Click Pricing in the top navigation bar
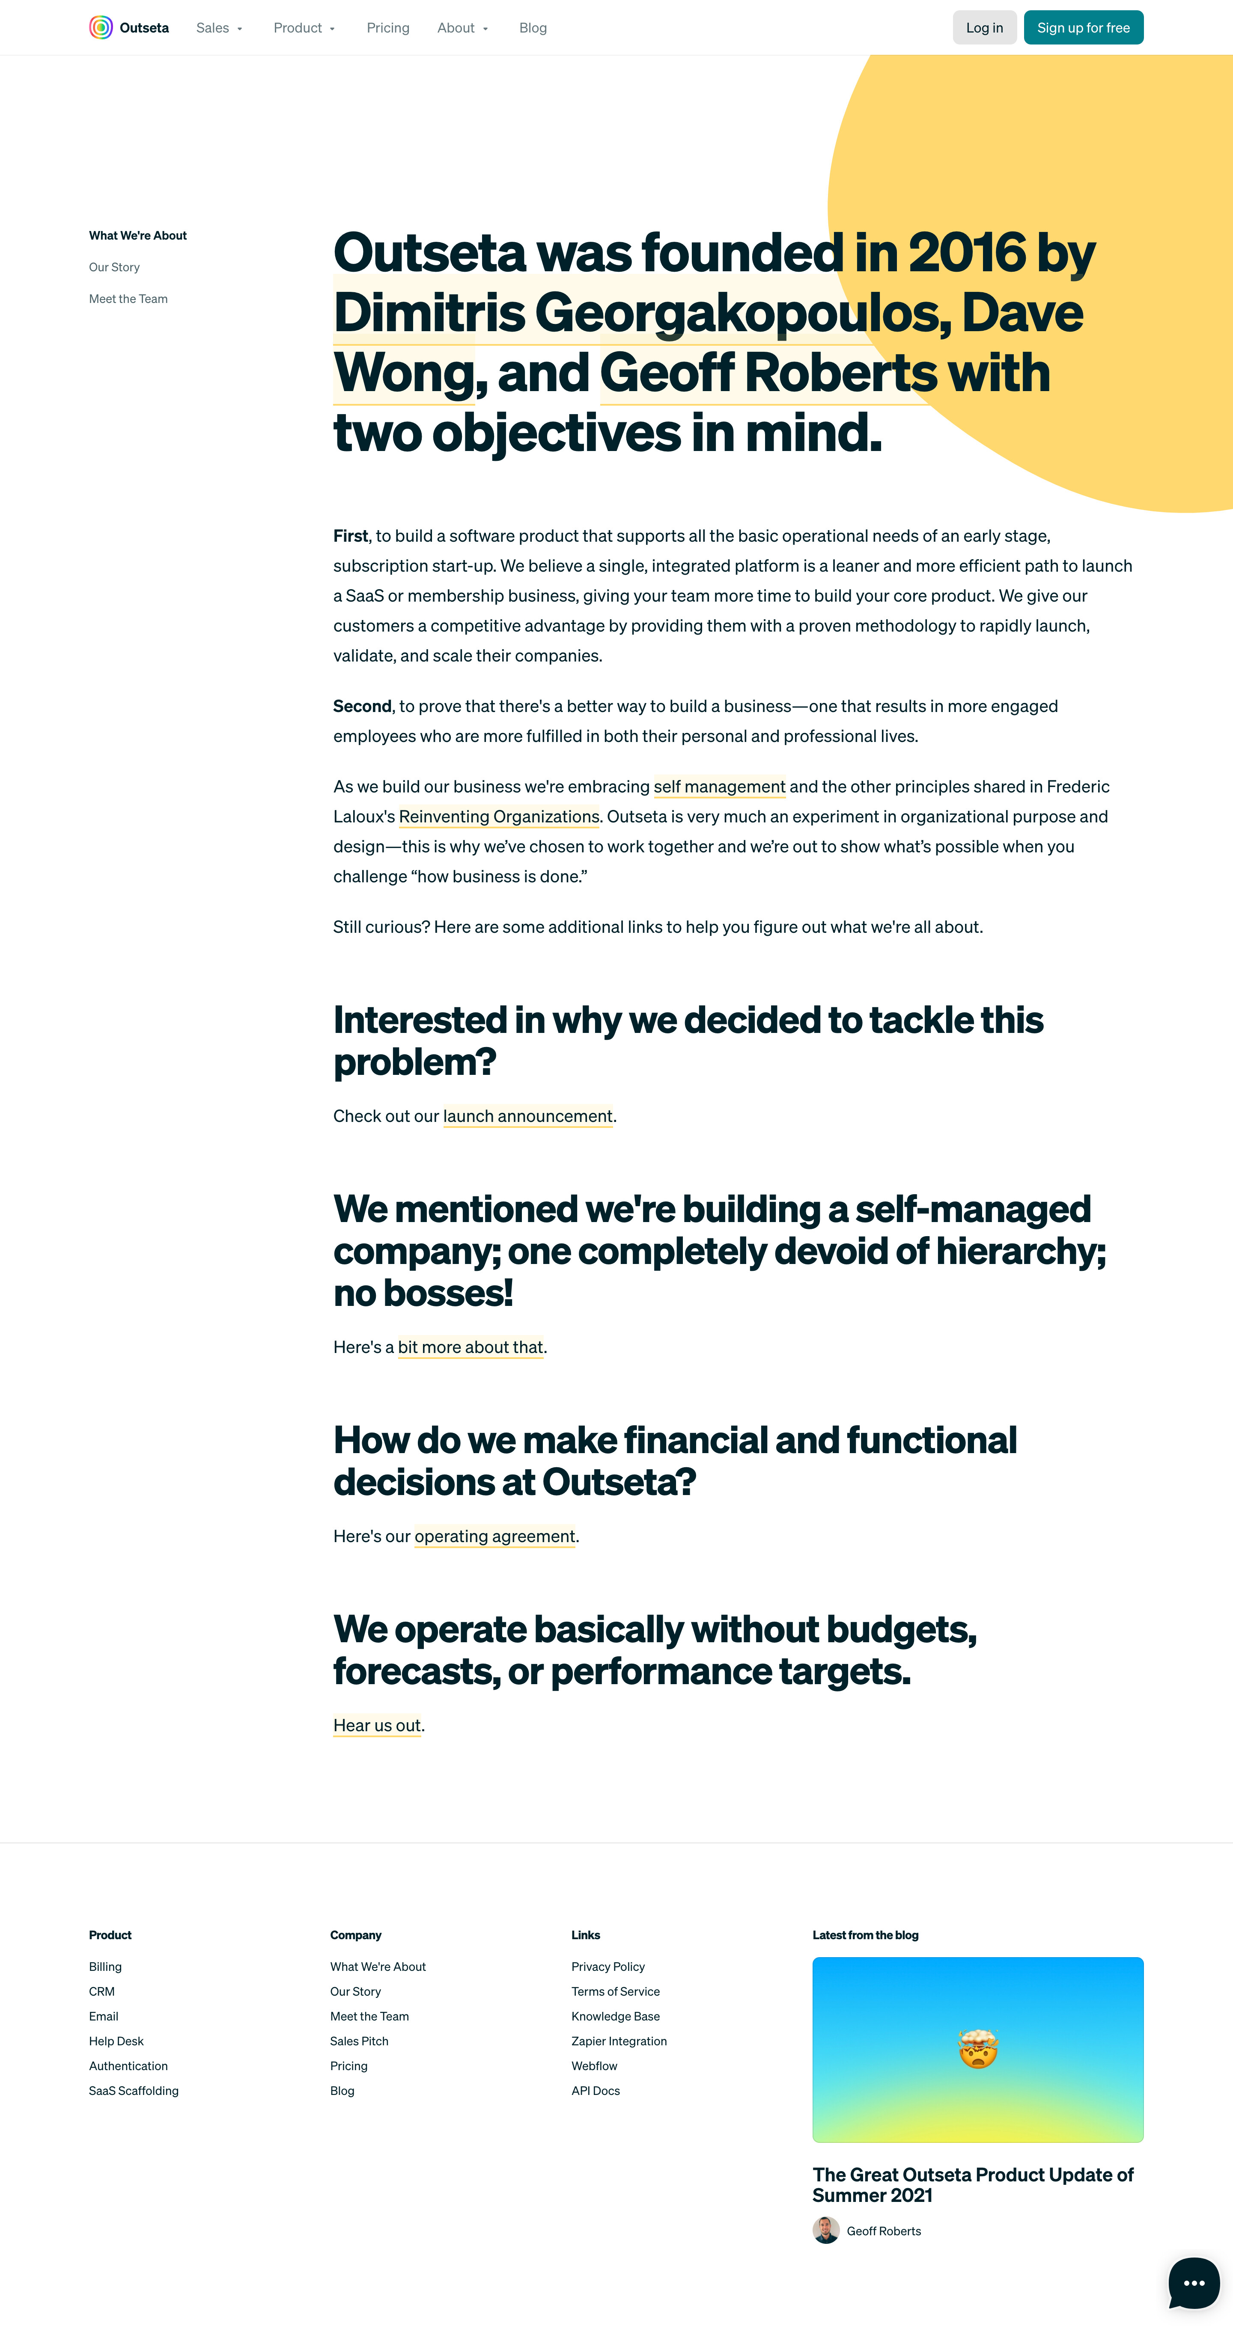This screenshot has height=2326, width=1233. [x=387, y=28]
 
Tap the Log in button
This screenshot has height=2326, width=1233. [x=984, y=28]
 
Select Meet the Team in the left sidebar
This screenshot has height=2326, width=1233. [x=128, y=299]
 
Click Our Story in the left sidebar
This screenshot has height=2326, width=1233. [x=114, y=267]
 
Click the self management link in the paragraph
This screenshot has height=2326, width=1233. [x=719, y=786]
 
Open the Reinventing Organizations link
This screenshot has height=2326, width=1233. [x=499, y=816]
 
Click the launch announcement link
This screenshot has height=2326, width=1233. [x=527, y=1116]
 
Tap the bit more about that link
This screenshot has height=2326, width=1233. [x=471, y=1347]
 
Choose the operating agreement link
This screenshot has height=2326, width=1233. [x=494, y=1536]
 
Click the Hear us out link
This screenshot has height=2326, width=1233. [x=377, y=1726]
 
